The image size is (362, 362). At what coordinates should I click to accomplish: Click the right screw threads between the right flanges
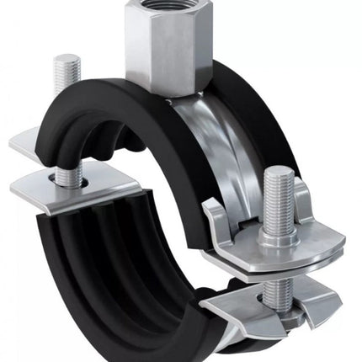coord(279,291)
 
